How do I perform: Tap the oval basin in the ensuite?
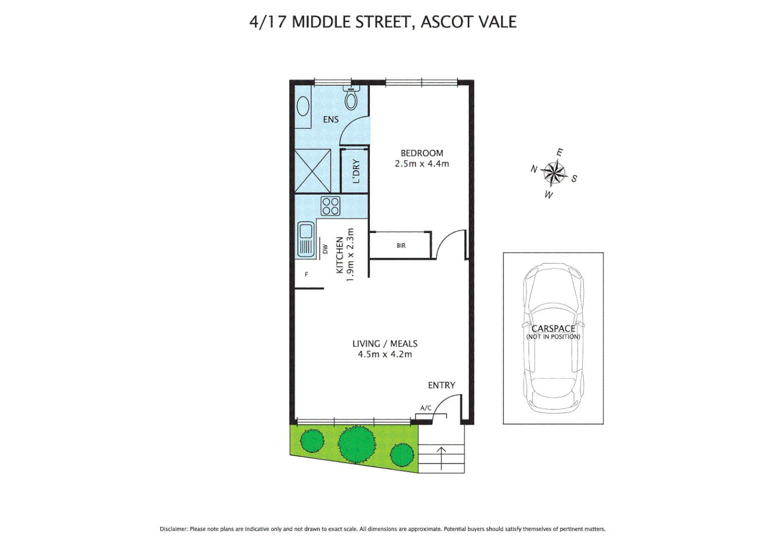(303, 106)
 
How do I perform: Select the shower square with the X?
(312, 171)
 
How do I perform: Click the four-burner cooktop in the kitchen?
(330, 206)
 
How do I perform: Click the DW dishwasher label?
(325, 248)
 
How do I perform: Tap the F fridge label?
(306, 275)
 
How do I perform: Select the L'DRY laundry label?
(356, 171)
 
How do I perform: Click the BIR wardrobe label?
(401, 245)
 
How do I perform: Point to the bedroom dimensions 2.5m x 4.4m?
(422, 164)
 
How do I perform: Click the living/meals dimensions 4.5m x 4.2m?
(385, 354)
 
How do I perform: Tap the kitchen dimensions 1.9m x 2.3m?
(350, 254)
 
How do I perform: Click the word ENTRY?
(441, 385)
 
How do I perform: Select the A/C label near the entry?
(426, 408)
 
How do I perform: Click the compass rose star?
(554, 173)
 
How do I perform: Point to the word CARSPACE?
(553, 329)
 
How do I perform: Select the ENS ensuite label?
(330, 119)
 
